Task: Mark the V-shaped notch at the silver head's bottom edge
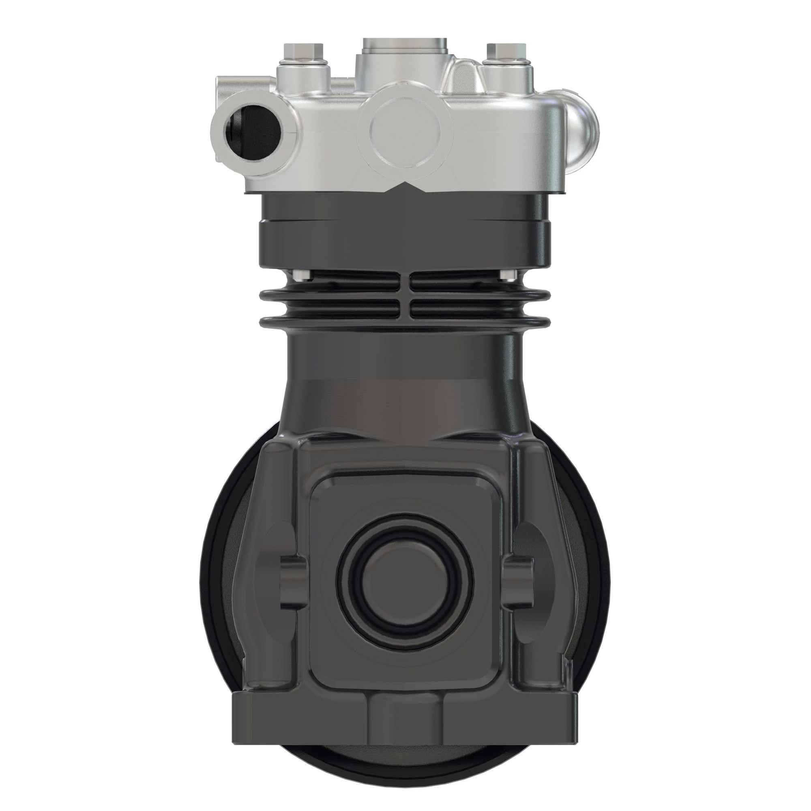[405, 187]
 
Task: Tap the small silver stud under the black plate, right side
[509, 275]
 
